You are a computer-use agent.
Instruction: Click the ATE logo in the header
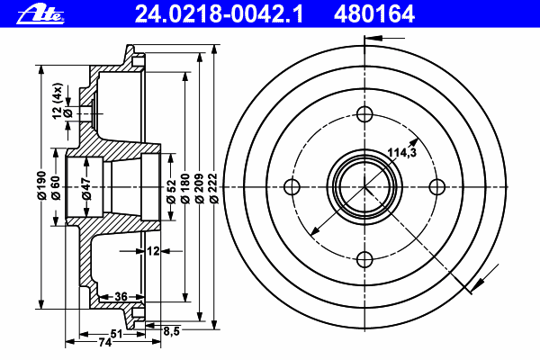[40, 14]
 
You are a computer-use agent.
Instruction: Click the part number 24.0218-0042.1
[219, 14]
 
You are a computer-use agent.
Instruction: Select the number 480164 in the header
[374, 14]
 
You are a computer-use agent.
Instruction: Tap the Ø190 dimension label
[41, 185]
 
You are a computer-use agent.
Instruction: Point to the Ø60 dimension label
[56, 188]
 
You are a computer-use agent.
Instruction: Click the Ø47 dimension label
[86, 188]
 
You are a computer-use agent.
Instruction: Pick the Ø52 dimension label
[171, 192]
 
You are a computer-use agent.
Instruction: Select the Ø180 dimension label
[185, 188]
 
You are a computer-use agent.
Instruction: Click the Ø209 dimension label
[200, 188]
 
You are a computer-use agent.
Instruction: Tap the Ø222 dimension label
[214, 188]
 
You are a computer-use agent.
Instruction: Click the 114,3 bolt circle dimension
[402, 152]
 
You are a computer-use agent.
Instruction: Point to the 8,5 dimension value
[172, 331]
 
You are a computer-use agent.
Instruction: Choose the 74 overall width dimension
[105, 342]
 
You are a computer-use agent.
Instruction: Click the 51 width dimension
[117, 334]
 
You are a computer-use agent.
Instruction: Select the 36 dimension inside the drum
[121, 296]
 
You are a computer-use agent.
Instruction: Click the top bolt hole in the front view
[364, 114]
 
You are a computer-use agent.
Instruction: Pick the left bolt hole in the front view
[292, 187]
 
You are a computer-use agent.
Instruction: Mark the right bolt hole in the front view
[437, 187]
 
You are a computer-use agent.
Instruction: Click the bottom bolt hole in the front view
[364, 259]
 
